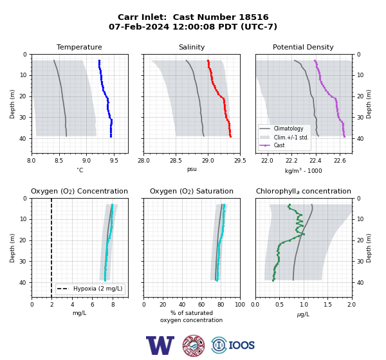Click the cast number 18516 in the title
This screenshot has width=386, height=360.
point(253,17)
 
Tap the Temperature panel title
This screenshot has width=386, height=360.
point(79,47)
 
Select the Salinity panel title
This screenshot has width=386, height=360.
point(192,47)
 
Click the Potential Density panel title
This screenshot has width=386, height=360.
point(303,47)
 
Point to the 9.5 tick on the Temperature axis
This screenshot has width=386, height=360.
point(114,161)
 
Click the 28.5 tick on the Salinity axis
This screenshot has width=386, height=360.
point(176,161)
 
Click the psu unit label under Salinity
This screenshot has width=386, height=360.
point(192,169)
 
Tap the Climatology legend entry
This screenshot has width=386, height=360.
point(288,129)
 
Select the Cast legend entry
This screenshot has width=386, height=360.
point(279,145)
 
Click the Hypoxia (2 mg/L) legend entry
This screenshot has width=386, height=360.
point(98,289)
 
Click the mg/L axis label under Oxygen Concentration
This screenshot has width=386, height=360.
point(79,313)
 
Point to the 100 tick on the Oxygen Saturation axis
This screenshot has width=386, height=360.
point(240,305)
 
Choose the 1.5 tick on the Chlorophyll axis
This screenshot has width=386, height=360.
point(327,305)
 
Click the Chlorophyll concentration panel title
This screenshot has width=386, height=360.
point(303,191)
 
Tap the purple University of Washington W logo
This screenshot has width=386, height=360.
point(160,345)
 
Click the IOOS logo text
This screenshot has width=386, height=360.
point(241,345)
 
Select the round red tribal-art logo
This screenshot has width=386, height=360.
point(194,345)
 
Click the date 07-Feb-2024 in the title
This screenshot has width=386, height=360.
point(139,26)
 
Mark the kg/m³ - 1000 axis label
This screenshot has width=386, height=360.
point(303,170)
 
